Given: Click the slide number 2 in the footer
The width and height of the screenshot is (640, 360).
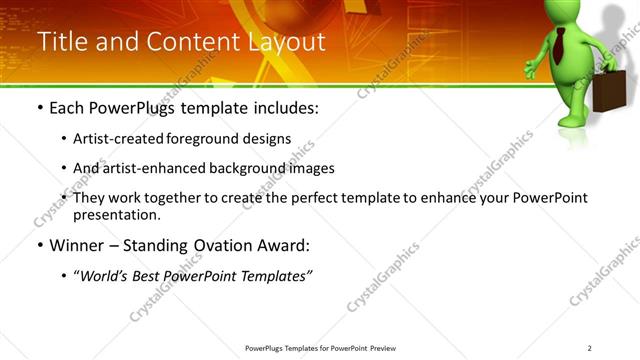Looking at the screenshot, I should (590, 348).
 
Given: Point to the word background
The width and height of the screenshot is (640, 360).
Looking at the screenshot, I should (249, 168).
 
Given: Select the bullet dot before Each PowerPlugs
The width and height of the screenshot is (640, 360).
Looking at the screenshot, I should (39, 108).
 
